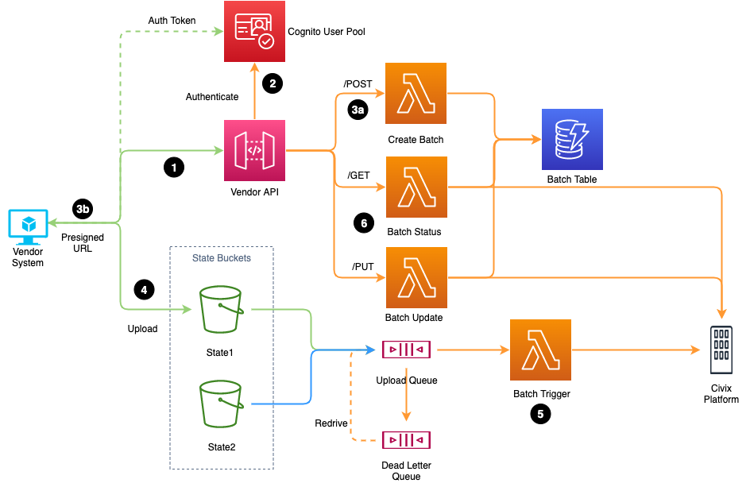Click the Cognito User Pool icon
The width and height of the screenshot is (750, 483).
point(254,32)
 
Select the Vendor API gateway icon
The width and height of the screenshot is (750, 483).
point(254,150)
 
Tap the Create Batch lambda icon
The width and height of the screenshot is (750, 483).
point(416,95)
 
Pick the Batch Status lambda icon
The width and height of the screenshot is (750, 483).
point(416,187)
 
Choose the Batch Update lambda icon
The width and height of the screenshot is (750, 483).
point(416,277)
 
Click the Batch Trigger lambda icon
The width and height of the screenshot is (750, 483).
point(541,350)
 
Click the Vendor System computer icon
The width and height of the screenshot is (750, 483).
point(28,227)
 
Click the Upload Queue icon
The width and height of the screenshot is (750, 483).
point(406,350)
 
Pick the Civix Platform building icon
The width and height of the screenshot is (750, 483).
point(721,350)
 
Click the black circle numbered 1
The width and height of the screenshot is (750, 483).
point(172,167)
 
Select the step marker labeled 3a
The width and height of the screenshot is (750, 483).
point(358,110)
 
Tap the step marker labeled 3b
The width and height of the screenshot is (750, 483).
point(83,209)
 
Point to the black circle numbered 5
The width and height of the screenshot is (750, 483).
point(540,413)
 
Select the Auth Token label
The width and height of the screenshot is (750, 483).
point(172,19)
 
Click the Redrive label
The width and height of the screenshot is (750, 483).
point(331,423)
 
